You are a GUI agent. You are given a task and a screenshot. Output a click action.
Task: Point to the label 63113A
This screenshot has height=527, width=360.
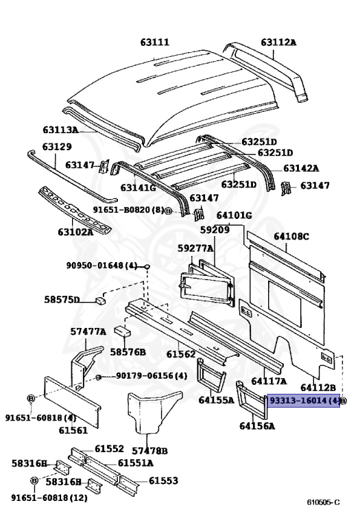(61, 130)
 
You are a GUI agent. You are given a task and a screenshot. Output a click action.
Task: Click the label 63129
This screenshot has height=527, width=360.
(57, 147)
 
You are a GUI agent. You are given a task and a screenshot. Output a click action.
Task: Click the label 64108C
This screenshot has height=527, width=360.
(291, 237)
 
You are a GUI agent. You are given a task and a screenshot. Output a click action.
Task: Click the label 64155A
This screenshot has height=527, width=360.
(217, 400)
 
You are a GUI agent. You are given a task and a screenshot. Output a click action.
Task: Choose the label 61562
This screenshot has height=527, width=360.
(181, 354)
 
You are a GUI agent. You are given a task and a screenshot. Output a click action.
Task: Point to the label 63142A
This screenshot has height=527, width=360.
(301, 167)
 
